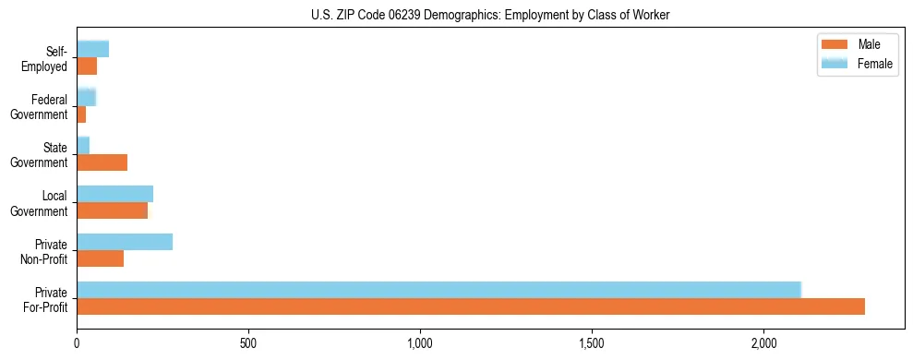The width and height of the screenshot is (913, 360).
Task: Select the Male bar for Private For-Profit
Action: pos(471,306)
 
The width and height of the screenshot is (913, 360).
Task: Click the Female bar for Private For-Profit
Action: pos(438,290)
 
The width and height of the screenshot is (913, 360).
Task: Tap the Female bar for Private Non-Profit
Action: pos(125,242)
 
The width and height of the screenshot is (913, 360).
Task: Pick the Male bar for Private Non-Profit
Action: pos(100,258)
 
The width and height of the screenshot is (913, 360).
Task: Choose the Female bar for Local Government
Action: pos(114,194)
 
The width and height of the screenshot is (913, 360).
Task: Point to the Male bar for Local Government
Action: pos(112,210)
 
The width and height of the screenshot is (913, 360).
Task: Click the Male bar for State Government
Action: pos(102,162)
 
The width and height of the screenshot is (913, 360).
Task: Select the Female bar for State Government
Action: pos(83,146)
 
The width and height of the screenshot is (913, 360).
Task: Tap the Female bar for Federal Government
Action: pos(86,98)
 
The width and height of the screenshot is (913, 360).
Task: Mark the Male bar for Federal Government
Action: pos(81,114)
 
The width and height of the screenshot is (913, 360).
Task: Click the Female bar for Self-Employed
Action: pos(92,49)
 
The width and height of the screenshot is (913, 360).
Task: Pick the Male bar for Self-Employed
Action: pos(87,66)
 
